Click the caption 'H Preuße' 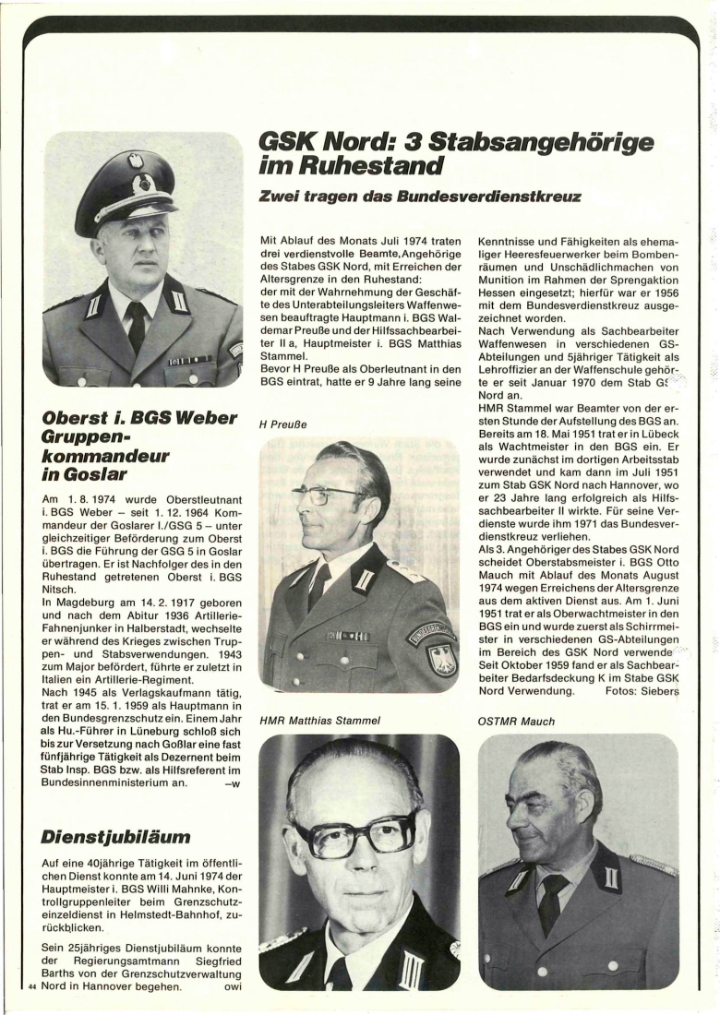pos(282,424)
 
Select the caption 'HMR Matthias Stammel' pos(320,720)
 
